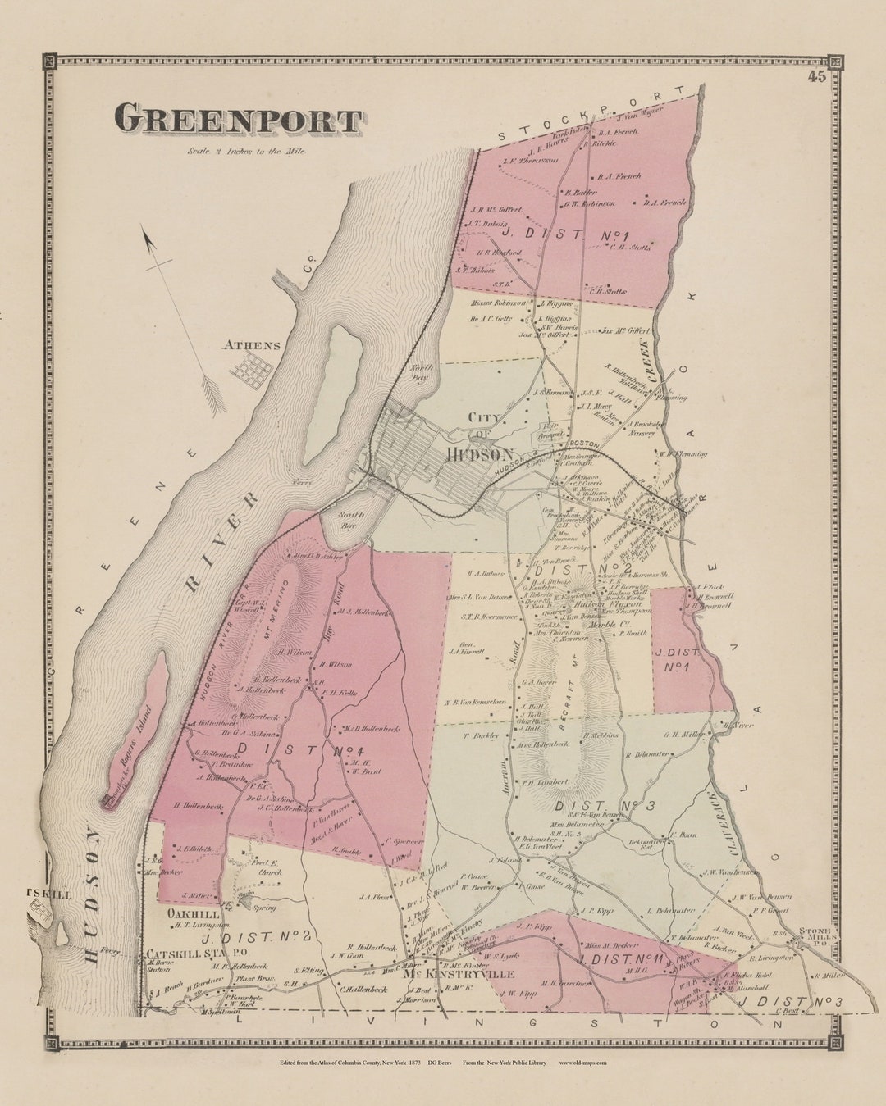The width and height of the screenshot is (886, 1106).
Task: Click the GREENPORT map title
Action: tap(238, 120)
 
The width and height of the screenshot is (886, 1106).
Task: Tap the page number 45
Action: tap(816, 77)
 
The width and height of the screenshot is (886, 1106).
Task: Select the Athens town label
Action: tap(252, 345)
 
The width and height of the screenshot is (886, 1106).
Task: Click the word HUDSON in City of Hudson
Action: tap(480, 453)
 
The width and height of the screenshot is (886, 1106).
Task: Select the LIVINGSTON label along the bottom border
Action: tap(484, 1022)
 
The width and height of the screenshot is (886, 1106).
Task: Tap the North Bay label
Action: tap(420, 373)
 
